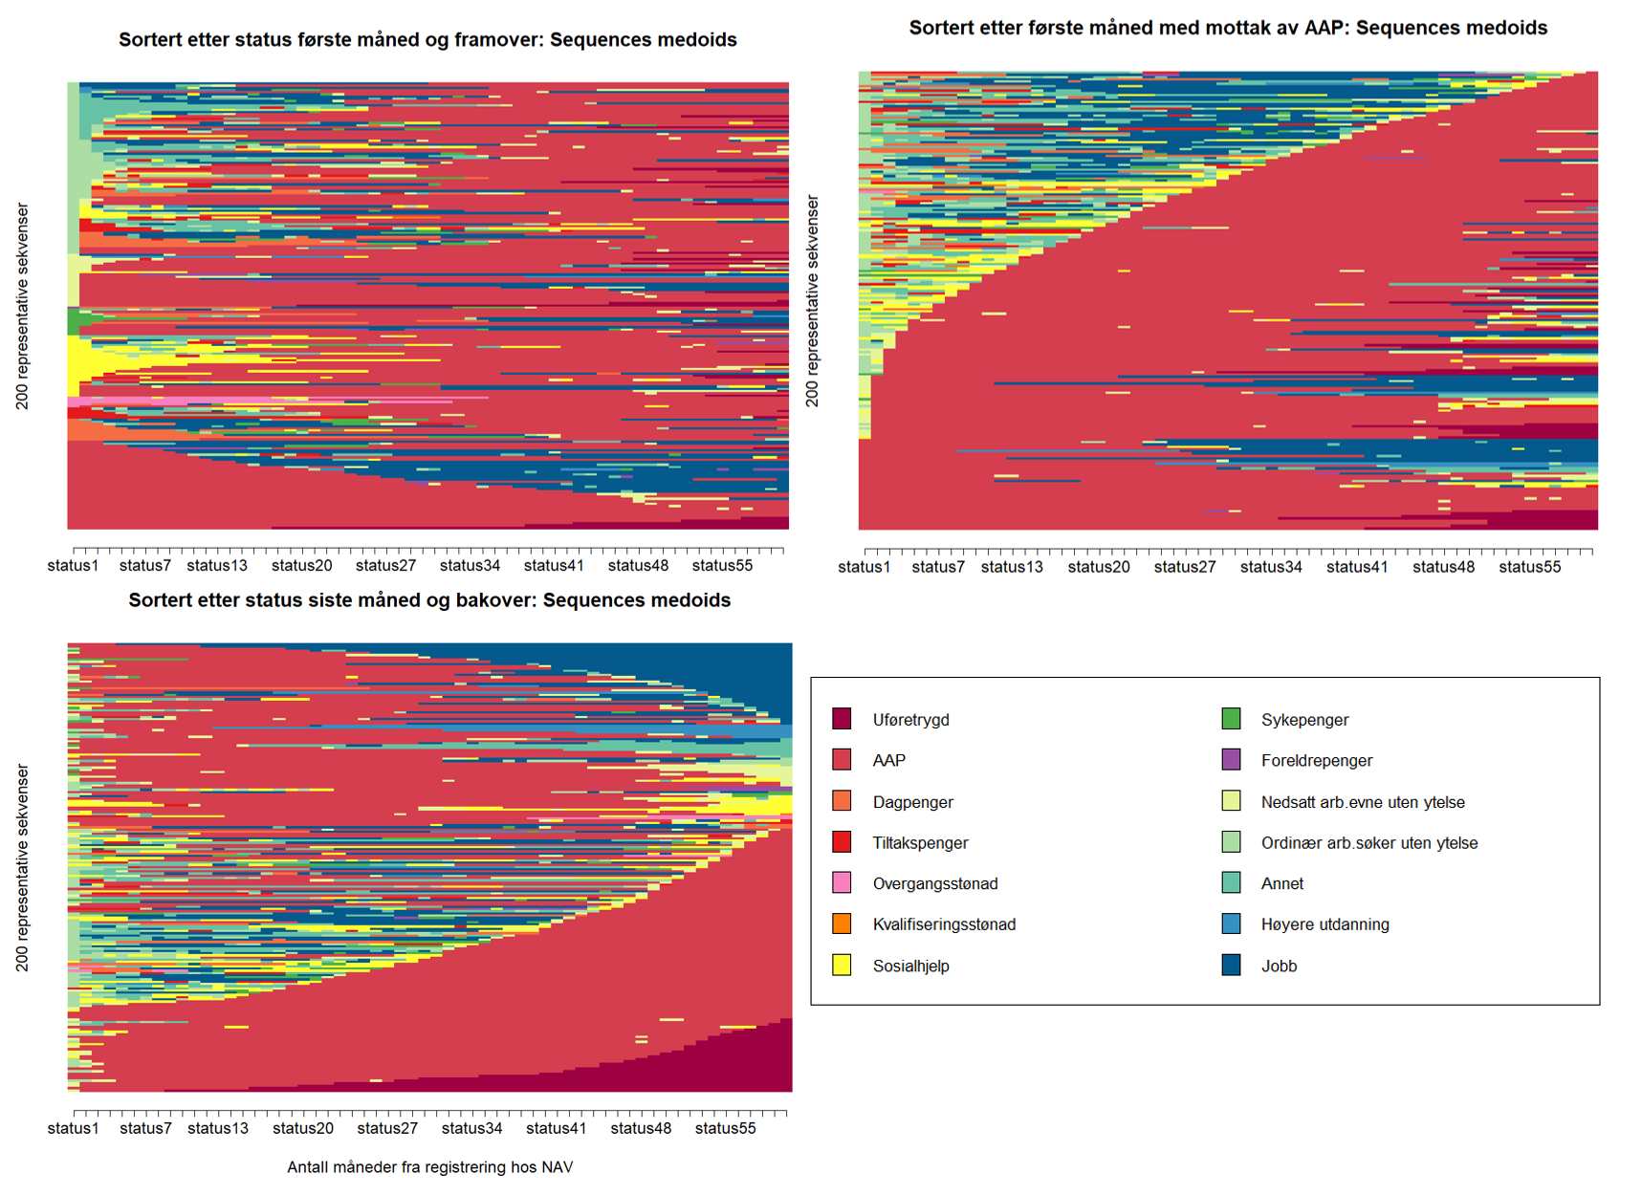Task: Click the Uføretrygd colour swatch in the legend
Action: [x=842, y=719]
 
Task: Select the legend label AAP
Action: [x=888, y=761]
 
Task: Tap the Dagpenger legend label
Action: [x=912, y=802]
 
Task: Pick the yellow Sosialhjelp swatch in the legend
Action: [x=842, y=966]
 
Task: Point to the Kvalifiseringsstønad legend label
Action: [x=944, y=924]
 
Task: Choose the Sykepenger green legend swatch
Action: [x=1231, y=719]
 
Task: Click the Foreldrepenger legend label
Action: [x=1316, y=761]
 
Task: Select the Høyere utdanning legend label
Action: [x=1325, y=924]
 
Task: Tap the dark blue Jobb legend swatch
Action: [x=1231, y=966]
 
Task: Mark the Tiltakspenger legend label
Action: [x=920, y=843]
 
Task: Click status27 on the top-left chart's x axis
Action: [x=385, y=566]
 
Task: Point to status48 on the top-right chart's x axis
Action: [x=1443, y=567]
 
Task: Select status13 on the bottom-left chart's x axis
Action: [x=218, y=1128]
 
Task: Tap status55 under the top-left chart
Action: [x=722, y=566]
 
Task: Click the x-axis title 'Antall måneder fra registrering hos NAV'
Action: [x=429, y=1167]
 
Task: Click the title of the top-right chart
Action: [x=1228, y=29]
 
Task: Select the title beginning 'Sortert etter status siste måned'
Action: [x=429, y=600]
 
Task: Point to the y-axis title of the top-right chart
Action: [x=813, y=301]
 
